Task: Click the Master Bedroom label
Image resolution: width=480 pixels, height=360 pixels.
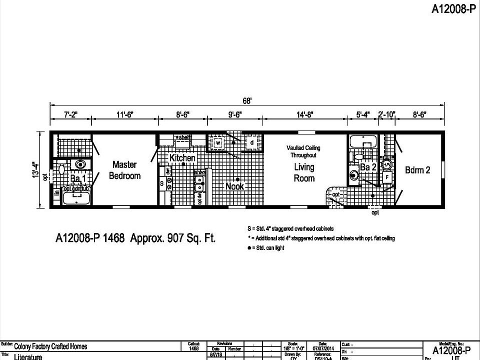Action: pyautogui.click(x=125, y=170)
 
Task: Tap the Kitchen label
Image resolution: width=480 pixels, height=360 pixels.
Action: pyautogui.click(x=182, y=158)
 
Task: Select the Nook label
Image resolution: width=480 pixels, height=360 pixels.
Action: pyautogui.click(x=234, y=186)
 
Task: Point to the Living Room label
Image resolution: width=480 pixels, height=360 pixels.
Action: pyautogui.click(x=304, y=172)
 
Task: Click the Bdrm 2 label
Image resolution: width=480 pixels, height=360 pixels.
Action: pyautogui.click(x=417, y=170)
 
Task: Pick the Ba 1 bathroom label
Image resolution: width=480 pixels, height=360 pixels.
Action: pyautogui.click(x=77, y=178)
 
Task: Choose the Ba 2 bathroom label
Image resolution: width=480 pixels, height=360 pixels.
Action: pyautogui.click(x=368, y=167)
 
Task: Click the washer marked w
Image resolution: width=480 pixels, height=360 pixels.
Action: pyautogui.click(x=218, y=143)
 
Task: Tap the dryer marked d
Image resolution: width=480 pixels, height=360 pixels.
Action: pyautogui.click(x=252, y=143)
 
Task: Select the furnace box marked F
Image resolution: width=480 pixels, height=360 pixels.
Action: pyautogui.click(x=387, y=177)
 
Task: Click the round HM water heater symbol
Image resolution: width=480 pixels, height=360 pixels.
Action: pyautogui.click(x=387, y=163)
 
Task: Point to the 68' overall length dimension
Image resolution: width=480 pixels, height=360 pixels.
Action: pyautogui.click(x=247, y=100)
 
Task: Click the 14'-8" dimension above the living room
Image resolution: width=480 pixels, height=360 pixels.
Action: pyautogui.click(x=304, y=115)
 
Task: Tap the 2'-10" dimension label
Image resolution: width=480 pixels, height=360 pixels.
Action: pyautogui.click(x=386, y=115)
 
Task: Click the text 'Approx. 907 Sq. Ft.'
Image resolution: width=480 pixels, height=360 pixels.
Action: pyautogui.click(x=173, y=238)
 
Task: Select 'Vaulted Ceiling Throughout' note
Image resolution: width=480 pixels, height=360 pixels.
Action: pyautogui.click(x=303, y=151)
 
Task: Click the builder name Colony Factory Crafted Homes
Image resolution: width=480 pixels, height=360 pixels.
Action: pyautogui.click(x=50, y=346)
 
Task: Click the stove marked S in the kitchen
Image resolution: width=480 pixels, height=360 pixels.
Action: pyautogui.click(x=162, y=183)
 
